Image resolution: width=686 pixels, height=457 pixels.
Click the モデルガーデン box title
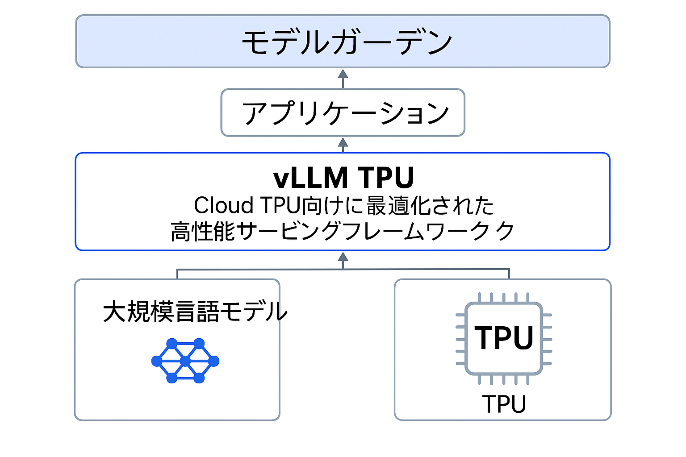(347, 42)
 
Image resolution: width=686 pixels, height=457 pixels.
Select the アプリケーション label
(345, 113)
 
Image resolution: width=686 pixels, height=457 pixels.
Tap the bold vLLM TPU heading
(343, 178)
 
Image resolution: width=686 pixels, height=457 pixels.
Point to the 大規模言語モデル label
(195, 312)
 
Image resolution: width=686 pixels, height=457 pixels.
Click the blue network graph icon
(185, 361)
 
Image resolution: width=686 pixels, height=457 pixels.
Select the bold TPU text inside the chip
(504, 338)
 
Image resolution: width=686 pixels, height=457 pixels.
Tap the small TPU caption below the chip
(504, 404)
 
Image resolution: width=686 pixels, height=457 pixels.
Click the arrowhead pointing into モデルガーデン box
(343, 74)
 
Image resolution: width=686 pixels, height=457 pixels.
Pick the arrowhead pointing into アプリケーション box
(343, 142)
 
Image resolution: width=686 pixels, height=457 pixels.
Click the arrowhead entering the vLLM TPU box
(343, 257)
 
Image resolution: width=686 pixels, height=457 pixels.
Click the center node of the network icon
(185, 361)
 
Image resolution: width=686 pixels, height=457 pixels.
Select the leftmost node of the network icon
(157, 361)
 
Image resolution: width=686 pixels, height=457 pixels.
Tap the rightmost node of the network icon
(214, 361)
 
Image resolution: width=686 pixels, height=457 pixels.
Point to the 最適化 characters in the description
(398, 206)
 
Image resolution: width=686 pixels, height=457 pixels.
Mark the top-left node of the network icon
(172, 344)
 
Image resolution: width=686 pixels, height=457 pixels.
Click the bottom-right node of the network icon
(199, 378)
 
